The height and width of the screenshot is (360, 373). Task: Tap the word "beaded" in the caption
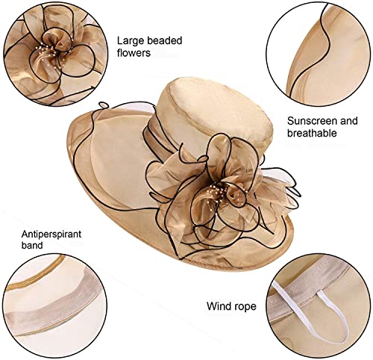[x=165, y=40]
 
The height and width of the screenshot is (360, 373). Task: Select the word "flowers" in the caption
[x=134, y=53]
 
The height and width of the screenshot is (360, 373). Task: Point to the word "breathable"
[x=312, y=133]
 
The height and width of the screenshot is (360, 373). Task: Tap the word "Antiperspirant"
[x=51, y=235]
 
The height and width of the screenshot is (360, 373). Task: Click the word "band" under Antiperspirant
[x=32, y=245]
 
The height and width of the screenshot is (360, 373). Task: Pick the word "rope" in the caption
[x=245, y=307]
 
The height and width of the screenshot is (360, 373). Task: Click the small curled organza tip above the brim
[x=103, y=106]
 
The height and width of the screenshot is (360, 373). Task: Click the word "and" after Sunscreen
[x=348, y=121]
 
